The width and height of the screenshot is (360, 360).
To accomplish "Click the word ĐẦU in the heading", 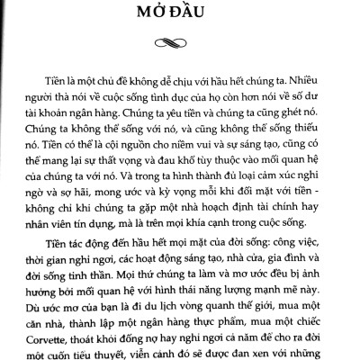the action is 209,18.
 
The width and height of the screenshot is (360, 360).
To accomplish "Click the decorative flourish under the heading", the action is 180,40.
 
